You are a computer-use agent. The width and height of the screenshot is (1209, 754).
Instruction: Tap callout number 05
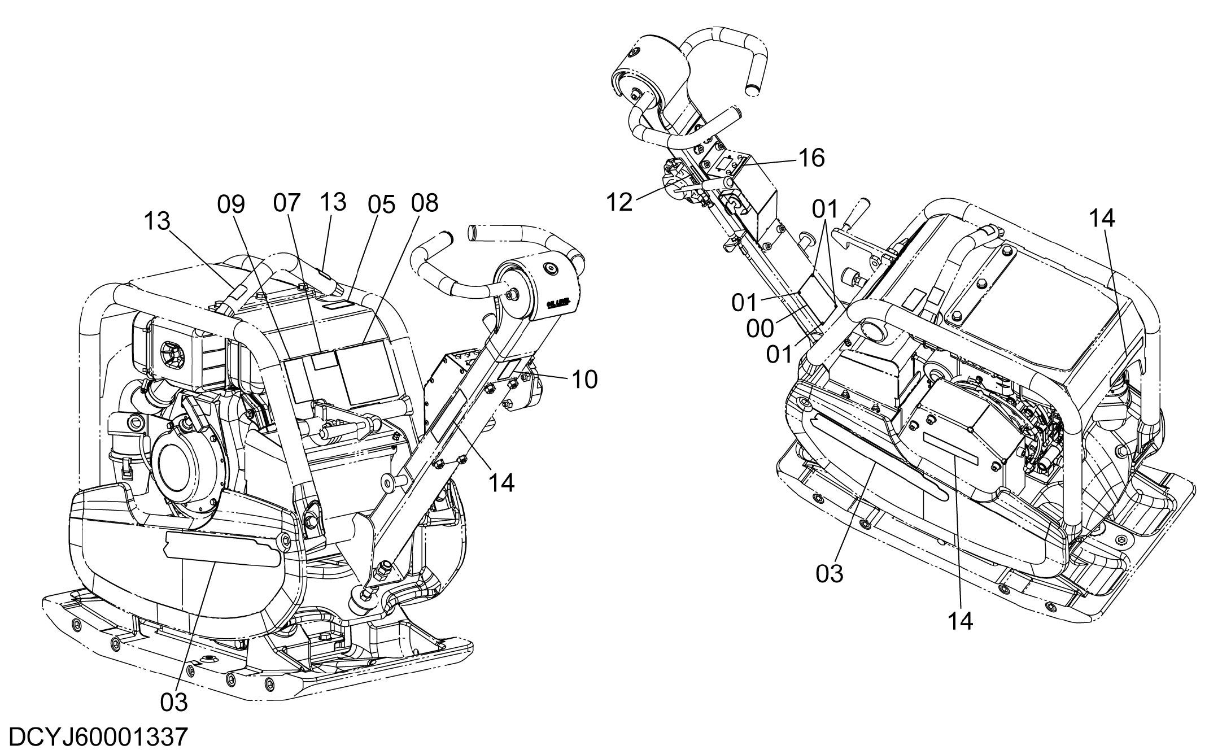[382, 205]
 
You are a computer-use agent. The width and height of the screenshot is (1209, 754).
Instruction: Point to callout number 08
[425, 203]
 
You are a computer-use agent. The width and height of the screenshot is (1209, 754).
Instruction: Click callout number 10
[584, 380]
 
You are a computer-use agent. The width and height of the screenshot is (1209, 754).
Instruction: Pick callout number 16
[811, 158]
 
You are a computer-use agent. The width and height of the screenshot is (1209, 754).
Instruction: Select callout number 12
[620, 202]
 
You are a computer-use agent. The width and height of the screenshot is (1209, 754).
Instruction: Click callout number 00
[760, 329]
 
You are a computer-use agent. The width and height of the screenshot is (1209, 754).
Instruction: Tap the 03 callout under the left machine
[174, 702]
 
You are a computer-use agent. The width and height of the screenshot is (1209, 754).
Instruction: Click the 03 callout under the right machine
[830, 573]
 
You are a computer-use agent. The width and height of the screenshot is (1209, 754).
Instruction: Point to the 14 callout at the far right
[1102, 218]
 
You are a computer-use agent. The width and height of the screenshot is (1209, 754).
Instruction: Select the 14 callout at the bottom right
[961, 621]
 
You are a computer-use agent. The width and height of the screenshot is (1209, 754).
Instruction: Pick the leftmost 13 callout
[156, 221]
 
